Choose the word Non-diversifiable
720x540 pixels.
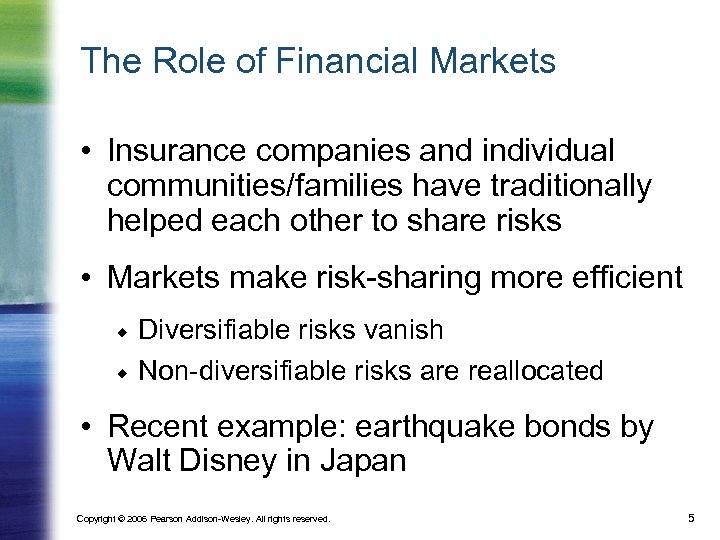coord(242,371)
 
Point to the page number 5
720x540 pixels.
coord(691,517)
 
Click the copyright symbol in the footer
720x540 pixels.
coord(126,518)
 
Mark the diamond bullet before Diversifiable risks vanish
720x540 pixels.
coord(118,330)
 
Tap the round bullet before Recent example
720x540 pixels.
coord(89,428)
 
